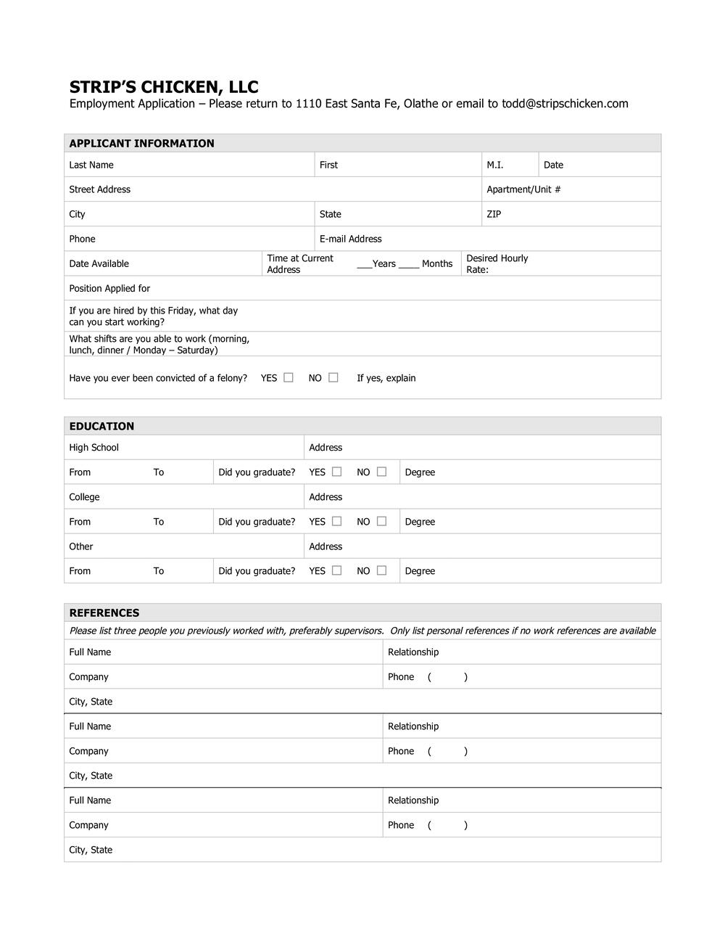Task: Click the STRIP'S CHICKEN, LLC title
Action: pyautogui.click(x=164, y=87)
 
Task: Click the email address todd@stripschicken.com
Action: pyautogui.click(x=565, y=104)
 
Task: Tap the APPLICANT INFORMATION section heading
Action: pyautogui.click(x=141, y=144)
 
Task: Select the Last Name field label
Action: pyautogui.click(x=91, y=165)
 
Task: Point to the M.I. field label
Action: pyautogui.click(x=495, y=165)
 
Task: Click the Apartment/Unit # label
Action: pyautogui.click(x=523, y=190)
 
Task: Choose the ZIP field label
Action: pyautogui.click(x=494, y=215)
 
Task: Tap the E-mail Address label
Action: pyautogui.click(x=350, y=239)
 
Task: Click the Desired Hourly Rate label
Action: pyautogui.click(x=497, y=264)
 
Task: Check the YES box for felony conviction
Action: pyautogui.click(x=289, y=377)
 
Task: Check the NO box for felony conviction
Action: pyautogui.click(x=333, y=377)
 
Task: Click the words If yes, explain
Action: pyautogui.click(x=386, y=378)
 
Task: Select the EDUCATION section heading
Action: pyautogui.click(x=101, y=427)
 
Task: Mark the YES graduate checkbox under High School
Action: pyautogui.click(x=337, y=472)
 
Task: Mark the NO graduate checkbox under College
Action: pyautogui.click(x=382, y=521)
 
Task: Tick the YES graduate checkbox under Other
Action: pyautogui.click(x=337, y=570)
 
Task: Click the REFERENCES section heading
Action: pyautogui.click(x=104, y=613)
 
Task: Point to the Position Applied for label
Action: pyautogui.click(x=109, y=289)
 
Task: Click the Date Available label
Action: pyautogui.click(x=99, y=264)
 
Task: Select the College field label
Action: pyautogui.click(x=84, y=498)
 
